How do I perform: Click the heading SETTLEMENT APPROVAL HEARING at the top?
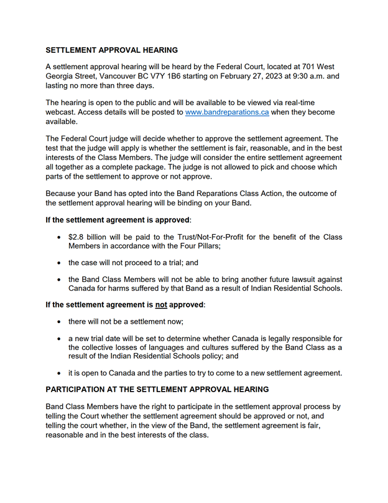tap(111, 50)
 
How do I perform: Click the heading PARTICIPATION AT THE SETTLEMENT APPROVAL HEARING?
tap(157, 390)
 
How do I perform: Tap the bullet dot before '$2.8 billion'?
tap(59, 238)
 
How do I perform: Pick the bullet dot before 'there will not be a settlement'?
tap(59, 322)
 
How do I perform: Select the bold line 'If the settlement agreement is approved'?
tap(118, 220)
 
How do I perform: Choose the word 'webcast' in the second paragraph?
tap(61, 113)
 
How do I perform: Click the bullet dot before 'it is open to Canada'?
tap(59, 374)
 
